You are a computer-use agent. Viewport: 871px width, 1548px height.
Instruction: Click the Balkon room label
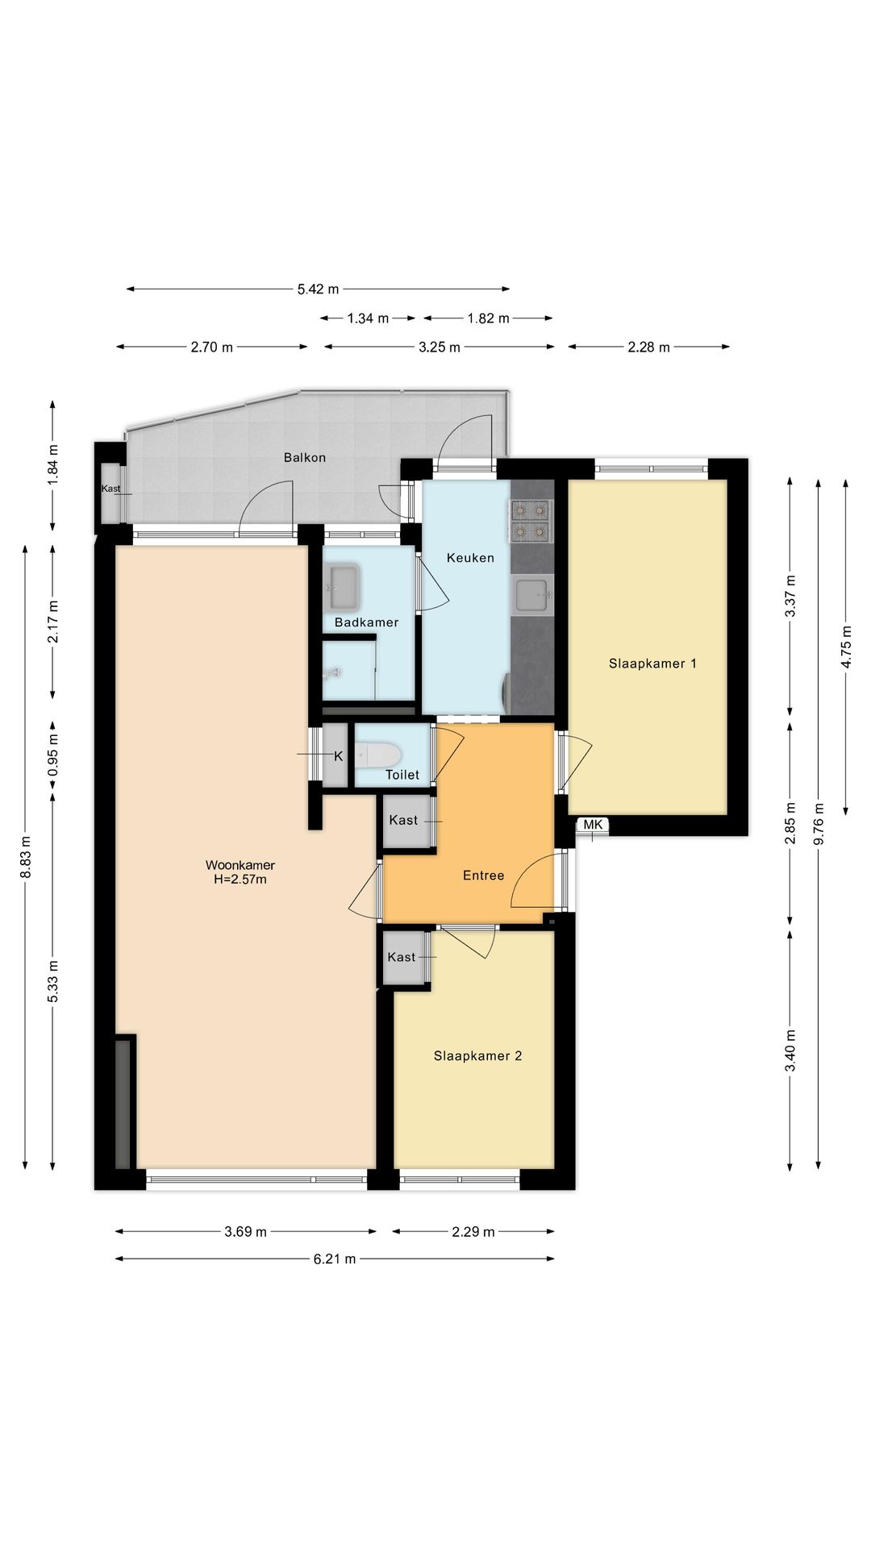[x=305, y=458]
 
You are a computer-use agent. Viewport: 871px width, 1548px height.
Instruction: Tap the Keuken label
[x=470, y=558]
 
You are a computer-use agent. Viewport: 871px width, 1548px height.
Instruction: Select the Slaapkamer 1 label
[x=652, y=664]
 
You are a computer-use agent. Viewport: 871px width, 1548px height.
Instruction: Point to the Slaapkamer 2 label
[x=477, y=1056]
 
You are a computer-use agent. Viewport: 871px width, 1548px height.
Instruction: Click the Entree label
[x=483, y=876]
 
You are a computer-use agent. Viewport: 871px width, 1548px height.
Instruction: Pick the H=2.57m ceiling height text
[x=240, y=880]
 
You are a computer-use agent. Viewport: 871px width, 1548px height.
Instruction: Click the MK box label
[x=593, y=825]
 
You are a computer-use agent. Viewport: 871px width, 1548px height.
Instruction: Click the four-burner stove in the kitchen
[x=530, y=521]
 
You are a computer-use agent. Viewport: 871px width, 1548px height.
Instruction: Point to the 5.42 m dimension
[x=318, y=289]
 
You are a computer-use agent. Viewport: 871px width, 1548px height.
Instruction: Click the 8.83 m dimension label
[x=26, y=857]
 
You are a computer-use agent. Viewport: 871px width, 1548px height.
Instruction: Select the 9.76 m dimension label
[x=819, y=823]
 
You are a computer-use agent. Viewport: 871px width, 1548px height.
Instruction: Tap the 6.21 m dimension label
[x=335, y=1259]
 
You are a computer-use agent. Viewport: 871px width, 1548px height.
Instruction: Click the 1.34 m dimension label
[x=368, y=318]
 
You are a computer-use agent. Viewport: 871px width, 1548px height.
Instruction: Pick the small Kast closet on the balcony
[x=112, y=493]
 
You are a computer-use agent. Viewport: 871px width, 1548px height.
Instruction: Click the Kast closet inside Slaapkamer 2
[x=402, y=958]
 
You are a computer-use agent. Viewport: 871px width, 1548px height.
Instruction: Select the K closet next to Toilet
[x=335, y=755]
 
